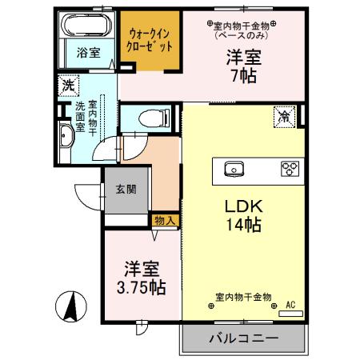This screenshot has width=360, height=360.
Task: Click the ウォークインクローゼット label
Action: [146, 40]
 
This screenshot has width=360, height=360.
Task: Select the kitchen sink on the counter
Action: [233, 168]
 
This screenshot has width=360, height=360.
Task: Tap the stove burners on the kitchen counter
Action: [288, 168]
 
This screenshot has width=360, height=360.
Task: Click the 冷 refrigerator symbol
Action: [284, 115]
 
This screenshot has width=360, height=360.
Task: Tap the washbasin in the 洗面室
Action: [66, 138]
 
